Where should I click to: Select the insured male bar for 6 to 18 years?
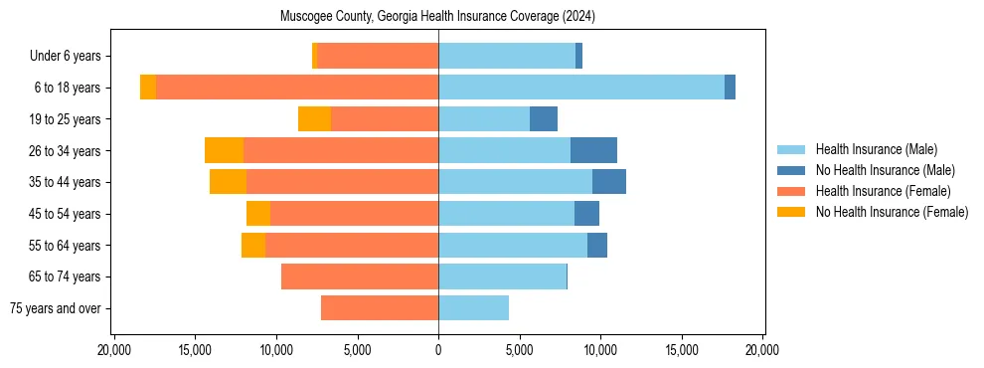[581, 88]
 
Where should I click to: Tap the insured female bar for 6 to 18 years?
[297, 88]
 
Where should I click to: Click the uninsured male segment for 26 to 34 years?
[593, 150]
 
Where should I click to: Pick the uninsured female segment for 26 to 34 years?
[224, 150]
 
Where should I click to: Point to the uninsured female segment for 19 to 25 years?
[314, 119]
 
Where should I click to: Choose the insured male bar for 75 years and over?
[473, 308]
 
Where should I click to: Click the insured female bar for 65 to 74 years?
[360, 276]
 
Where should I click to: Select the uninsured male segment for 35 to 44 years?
[609, 182]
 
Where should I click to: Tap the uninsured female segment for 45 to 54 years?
[258, 214]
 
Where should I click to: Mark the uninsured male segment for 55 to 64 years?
[597, 245]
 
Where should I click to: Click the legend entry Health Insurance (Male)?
[876, 149]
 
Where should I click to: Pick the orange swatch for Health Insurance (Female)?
[791, 191]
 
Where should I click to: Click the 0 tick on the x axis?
[438, 351]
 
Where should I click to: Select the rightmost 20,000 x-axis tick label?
[762, 351]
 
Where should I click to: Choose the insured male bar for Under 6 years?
[507, 56]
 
